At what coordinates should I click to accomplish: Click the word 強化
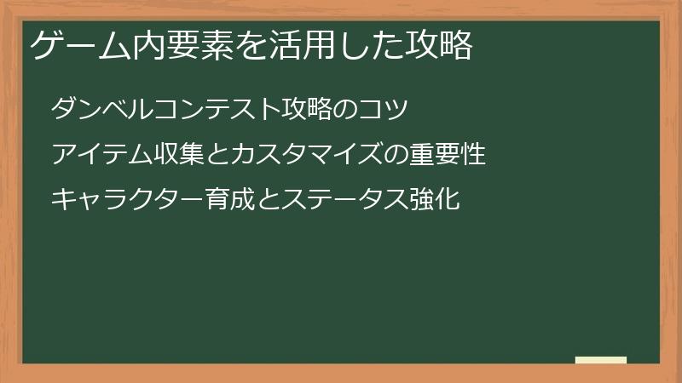[x=436, y=201]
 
